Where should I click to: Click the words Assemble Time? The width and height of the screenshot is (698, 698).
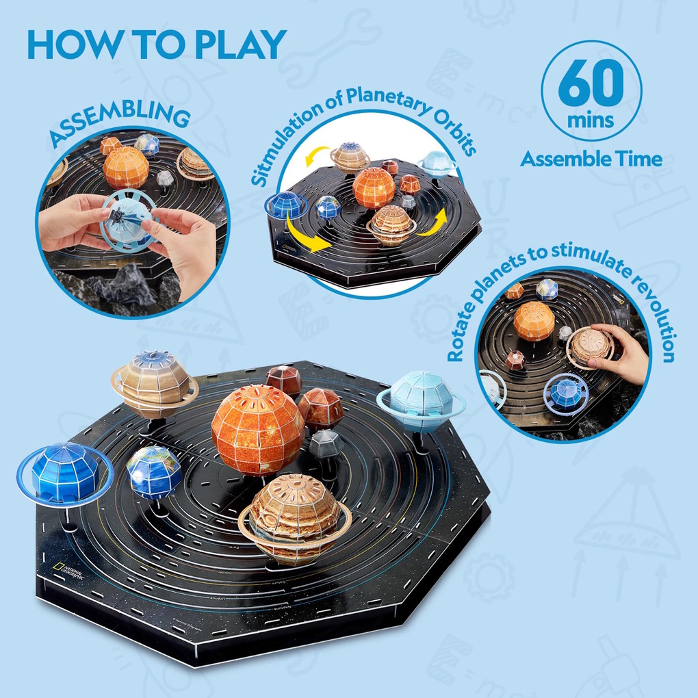[x=591, y=159]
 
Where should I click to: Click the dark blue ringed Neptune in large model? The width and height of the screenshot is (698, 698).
[x=64, y=472]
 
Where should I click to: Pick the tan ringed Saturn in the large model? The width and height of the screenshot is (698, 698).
[x=155, y=384]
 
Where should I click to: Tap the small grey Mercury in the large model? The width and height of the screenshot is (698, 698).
[x=326, y=444]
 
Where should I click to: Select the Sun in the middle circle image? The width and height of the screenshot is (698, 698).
[x=374, y=187]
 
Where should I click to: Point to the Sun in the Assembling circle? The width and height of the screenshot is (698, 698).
[x=126, y=166]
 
